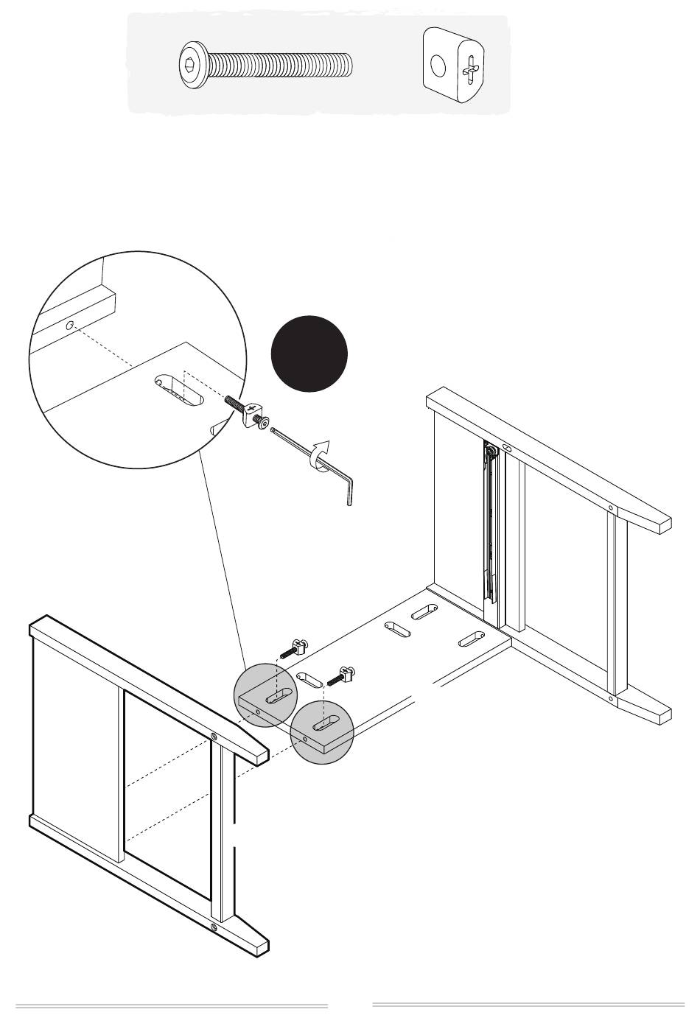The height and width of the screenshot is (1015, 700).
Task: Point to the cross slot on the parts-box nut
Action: pos(471,71)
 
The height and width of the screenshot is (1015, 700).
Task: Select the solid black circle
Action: pos(309,353)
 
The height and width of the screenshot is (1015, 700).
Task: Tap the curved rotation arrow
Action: pos(319,453)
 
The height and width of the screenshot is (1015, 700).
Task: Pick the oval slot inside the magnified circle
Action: pos(178,390)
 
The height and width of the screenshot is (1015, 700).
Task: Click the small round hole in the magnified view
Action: pos(69,326)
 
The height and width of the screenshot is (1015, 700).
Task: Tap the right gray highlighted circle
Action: pos(322,731)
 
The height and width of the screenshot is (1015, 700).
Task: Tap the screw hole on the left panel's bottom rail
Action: pos(214,926)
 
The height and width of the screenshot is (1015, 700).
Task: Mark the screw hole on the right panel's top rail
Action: pos(611,508)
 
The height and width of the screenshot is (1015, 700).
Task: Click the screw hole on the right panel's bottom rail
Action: pos(611,698)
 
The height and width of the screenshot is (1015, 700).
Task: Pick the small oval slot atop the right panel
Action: pos(507,448)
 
